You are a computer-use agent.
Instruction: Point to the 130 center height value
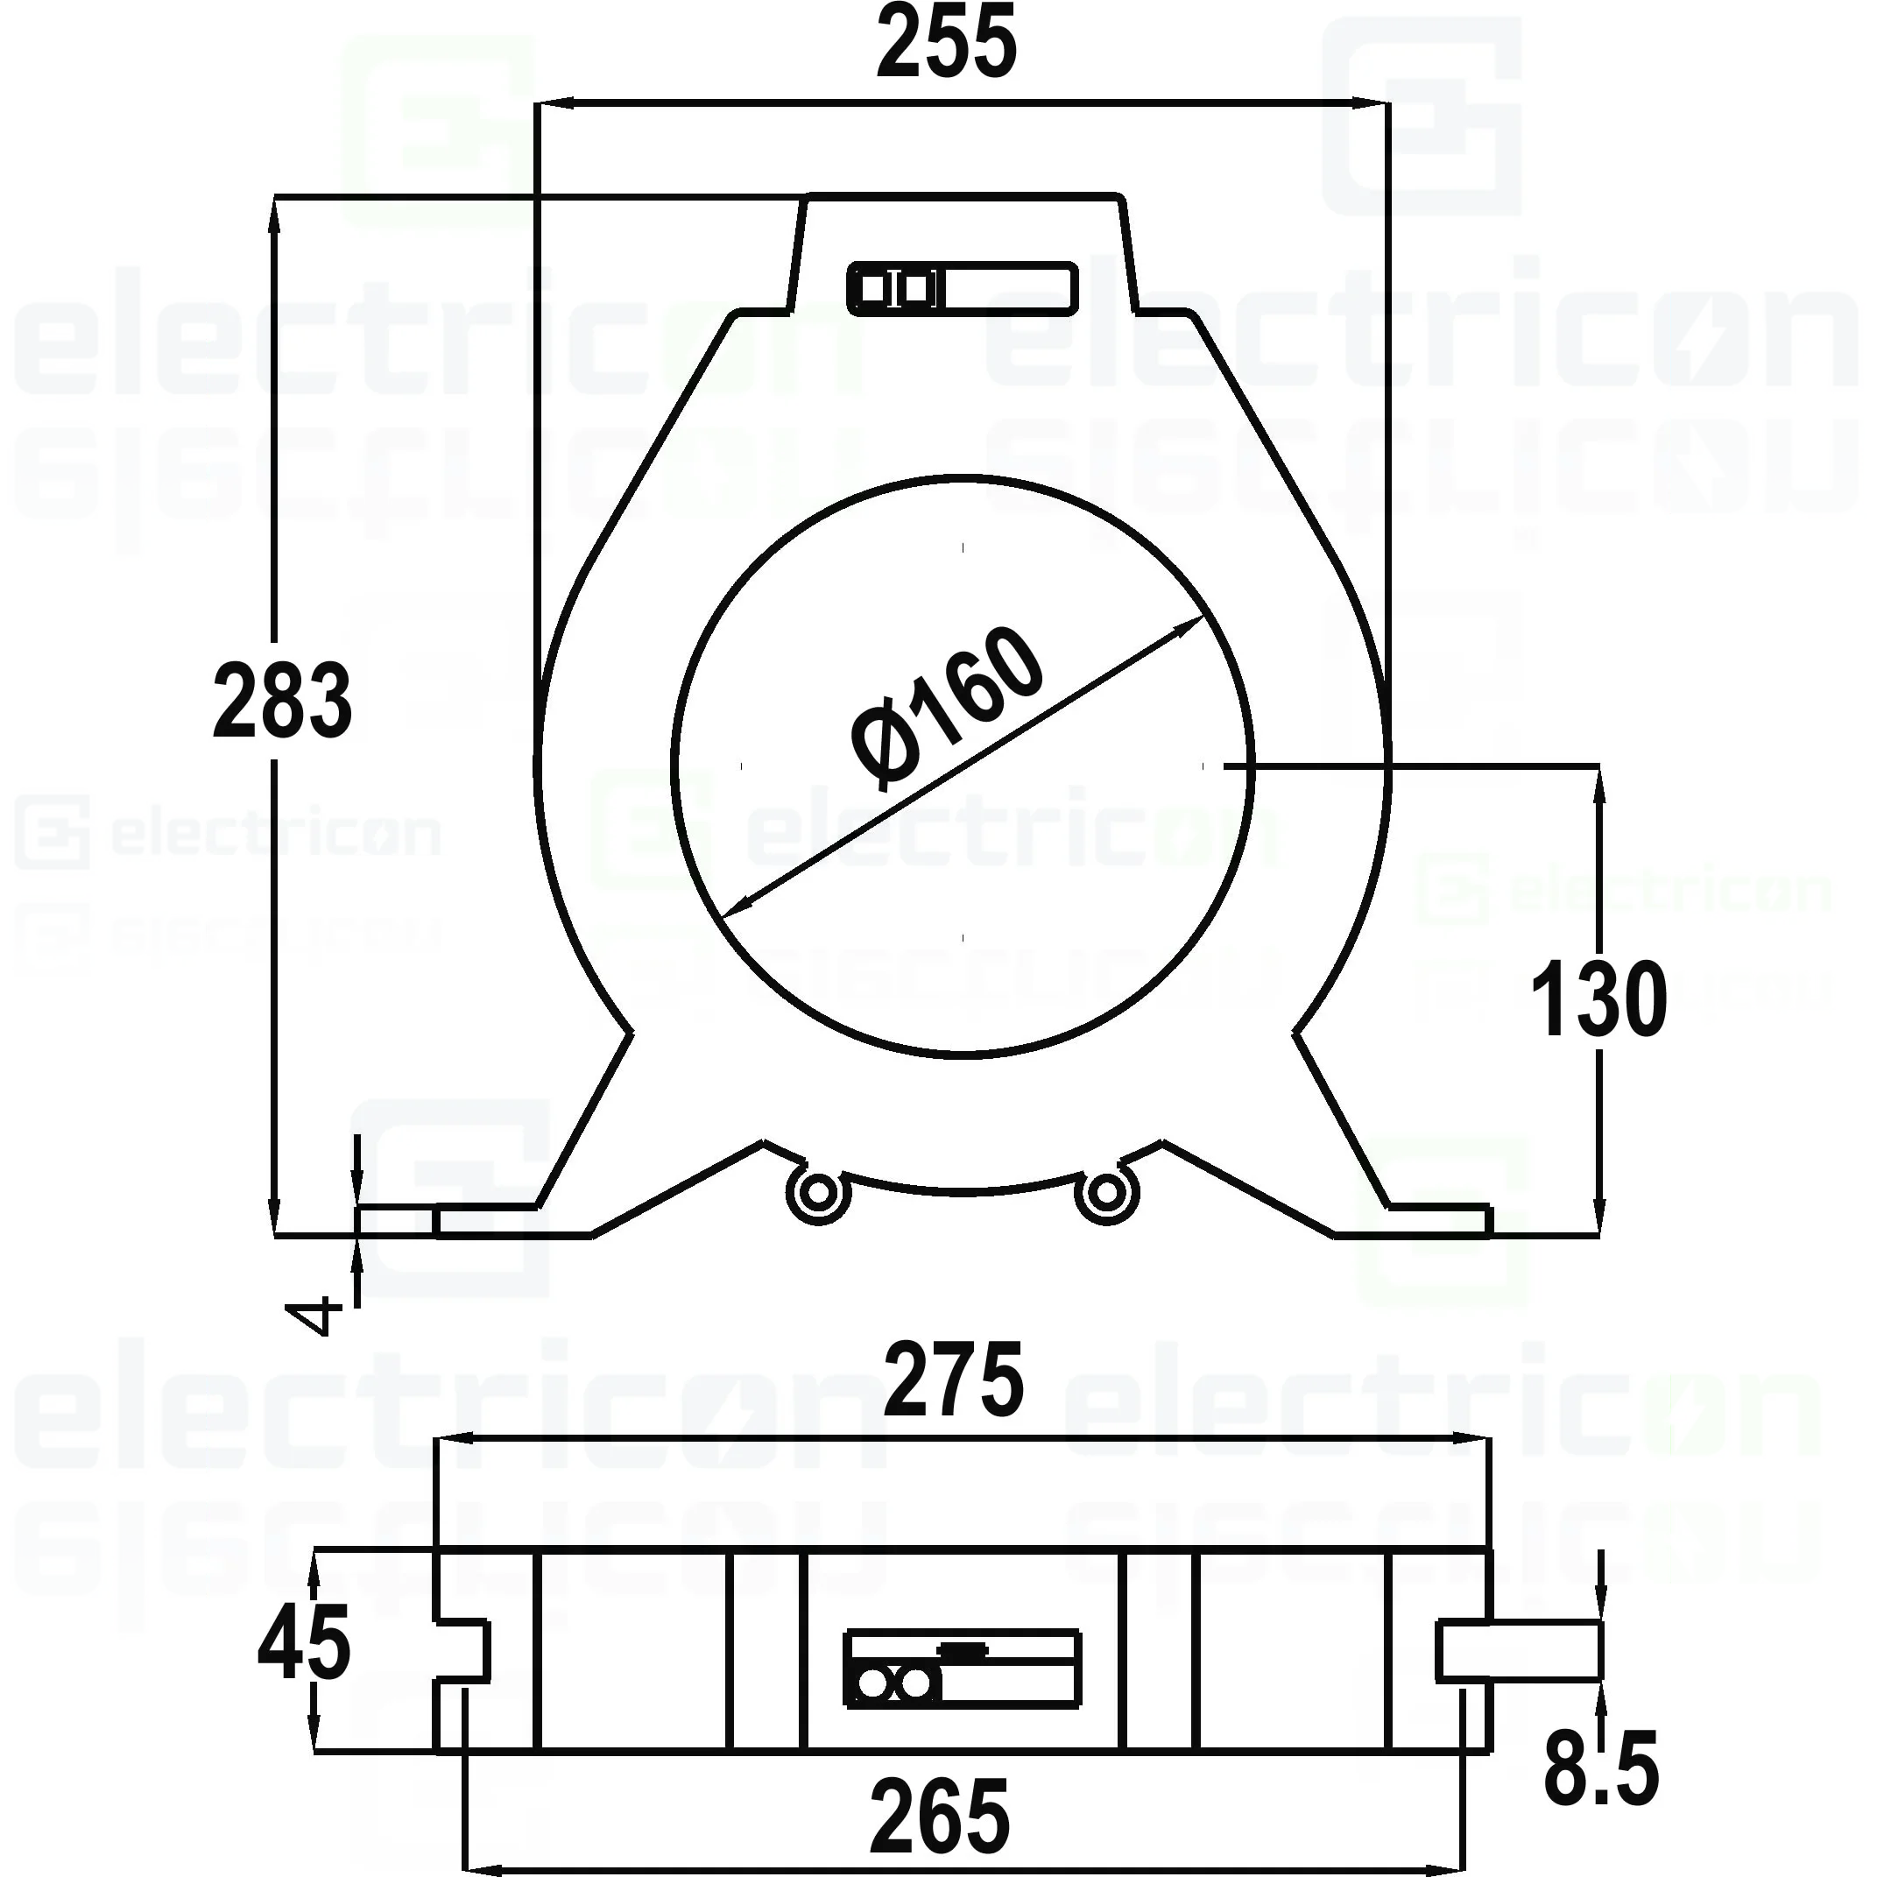click(1598, 999)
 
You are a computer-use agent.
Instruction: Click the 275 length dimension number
click(953, 1380)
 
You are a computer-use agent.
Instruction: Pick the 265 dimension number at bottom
click(940, 1816)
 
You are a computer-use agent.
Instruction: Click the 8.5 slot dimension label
click(1600, 1769)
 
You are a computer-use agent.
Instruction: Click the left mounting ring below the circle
click(818, 1192)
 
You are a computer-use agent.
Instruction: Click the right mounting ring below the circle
click(1104, 1192)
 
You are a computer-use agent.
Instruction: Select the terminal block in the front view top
click(962, 288)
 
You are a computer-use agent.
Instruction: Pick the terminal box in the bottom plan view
click(962, 1669)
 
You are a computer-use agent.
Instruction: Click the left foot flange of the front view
click(486, 1221)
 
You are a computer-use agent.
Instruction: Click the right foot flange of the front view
click(1438, 1221)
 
